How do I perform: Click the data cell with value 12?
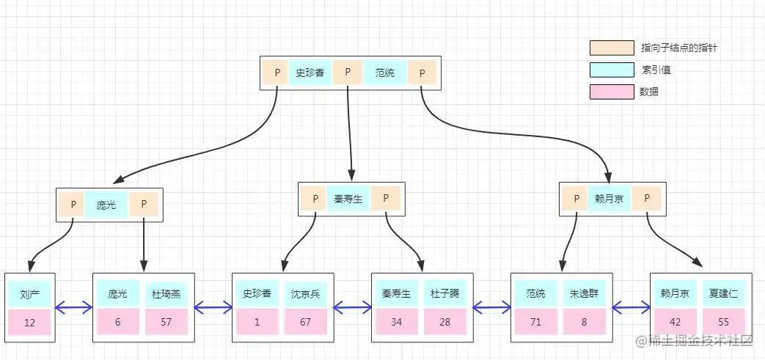(30, 323)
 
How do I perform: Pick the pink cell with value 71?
(536, 323)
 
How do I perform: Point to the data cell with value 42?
(675, 323)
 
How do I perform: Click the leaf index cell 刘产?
(30, 293)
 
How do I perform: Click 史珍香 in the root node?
(310, 73)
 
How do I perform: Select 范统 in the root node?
(384, 73)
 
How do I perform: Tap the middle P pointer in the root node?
(348, 73)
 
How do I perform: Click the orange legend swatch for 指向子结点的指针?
(612, 48)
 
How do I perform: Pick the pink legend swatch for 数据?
(612, 92)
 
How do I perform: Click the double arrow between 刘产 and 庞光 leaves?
(74, 308)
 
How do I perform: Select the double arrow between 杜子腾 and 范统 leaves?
(491, 308)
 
